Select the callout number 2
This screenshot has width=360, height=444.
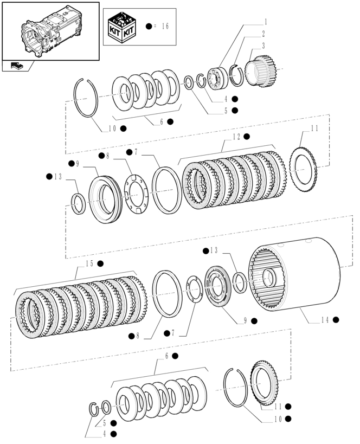(x=263, y=34)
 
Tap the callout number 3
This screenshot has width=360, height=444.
(x=263, y=46)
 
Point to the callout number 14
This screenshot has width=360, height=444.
(x=324, y=320)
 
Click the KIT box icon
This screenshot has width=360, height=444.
(x=122, y=26)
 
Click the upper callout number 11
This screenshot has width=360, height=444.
(x=314, y=128)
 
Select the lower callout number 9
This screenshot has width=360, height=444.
(x=246, y=321)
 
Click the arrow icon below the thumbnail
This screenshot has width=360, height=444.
(x=16, y=66)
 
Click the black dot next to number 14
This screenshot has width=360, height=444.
(x=336, y=320)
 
